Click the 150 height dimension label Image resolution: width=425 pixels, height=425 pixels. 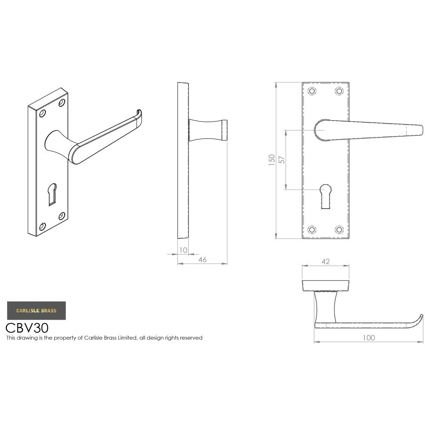[272, 160]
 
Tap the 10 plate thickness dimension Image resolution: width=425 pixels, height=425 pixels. [183, 250]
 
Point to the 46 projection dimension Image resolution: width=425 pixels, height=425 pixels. [202, 260]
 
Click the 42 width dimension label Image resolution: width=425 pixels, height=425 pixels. [326, 262]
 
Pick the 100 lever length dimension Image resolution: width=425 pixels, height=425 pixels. [369, 338]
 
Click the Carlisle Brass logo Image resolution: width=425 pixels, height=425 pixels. [37, 311]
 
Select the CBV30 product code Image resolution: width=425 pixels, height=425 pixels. [27, 328]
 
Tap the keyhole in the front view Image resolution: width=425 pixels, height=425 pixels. [326, 195]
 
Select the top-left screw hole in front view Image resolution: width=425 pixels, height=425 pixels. [312, 91]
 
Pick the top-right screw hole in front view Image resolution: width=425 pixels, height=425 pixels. [339, 91]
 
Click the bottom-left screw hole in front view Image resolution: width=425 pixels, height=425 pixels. [312, 229]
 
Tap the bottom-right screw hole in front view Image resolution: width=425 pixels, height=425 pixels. [339, 229]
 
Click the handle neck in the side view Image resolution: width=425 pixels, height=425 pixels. [207, 130]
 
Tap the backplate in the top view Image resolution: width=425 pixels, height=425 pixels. [326, 286]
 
